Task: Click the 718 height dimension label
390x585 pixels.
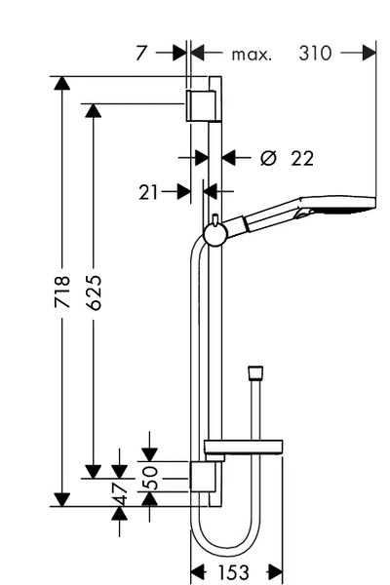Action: (x=62, y=292)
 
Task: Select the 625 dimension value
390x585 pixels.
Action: (x=94, y=292)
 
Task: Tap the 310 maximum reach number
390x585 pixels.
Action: (x=315, y=53)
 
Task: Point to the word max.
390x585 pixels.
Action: (x=252, y=55)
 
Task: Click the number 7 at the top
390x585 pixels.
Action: (x=141, y=53)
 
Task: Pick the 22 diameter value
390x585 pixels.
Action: (x=302, y=158)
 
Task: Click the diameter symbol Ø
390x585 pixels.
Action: (x=268, y=158)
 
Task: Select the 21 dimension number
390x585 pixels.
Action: (x=148, y=192)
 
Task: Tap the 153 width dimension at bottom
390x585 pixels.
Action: (x=233, y=572)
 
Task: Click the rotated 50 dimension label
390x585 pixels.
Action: (x=151, y=478)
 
